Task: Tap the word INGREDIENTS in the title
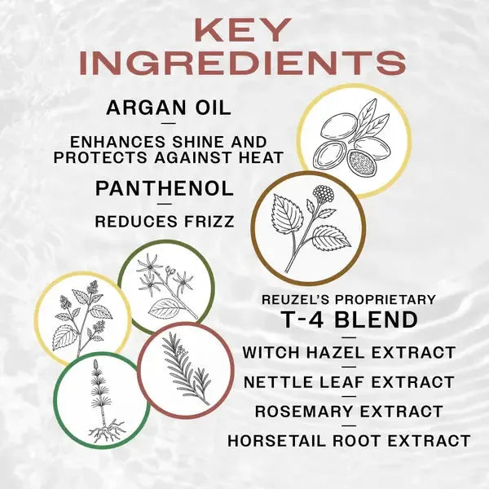[x=244, y=64]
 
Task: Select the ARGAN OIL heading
[x=169, y=108]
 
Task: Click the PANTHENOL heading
[x=165, y=188]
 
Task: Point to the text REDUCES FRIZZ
[x=164, y=220]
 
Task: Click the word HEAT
[x=261, y=156]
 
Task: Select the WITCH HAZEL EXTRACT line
[x=349, y=353]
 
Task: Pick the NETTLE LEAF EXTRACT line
[x=349, y=381]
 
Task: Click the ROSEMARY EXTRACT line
[x=349, y=411]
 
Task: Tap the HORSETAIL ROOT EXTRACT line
[x=349, y=441]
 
